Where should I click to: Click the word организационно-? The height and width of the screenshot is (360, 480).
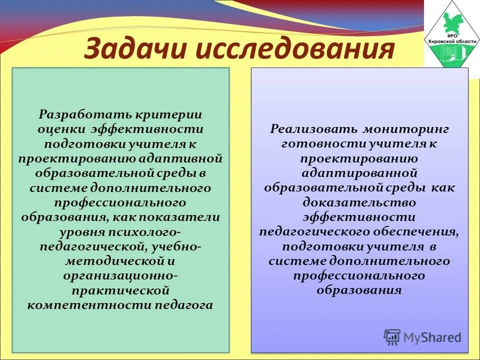tap(120, 276)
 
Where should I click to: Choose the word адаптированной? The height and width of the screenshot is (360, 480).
tap(359, 173)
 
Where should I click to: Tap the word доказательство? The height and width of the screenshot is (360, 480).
tap(359, 202)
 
